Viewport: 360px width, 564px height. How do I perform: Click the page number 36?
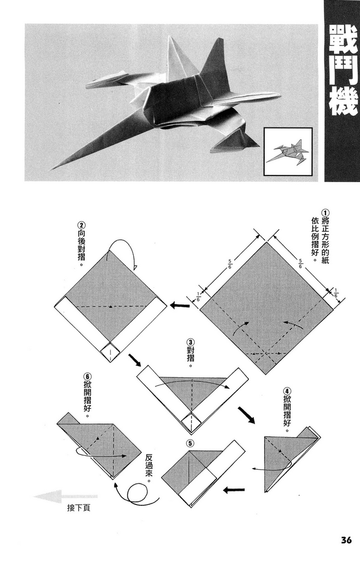click(346, 540)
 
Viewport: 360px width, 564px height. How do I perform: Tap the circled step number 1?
click(325, 213)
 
